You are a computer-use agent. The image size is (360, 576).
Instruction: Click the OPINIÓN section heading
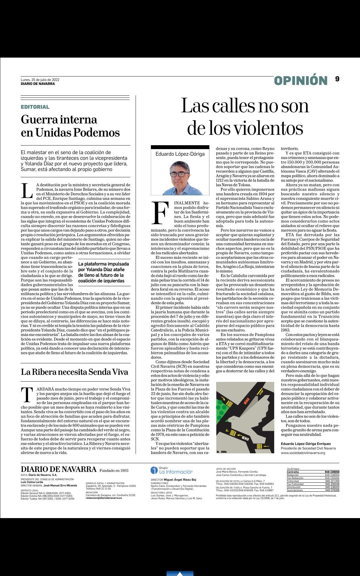(x=301, y=80)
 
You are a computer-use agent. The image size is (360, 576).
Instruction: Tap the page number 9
(x=337, y=79)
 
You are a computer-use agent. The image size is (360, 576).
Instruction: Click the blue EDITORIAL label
(x=35, y=107)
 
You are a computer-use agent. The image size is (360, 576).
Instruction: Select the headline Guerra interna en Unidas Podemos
(x=70, y=126)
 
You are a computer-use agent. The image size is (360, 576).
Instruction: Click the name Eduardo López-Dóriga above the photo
(x=180, y=154)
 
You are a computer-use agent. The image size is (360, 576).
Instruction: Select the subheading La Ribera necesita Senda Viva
(x=74, y=372)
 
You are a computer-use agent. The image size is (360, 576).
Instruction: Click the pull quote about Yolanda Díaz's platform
(x=104, y=272)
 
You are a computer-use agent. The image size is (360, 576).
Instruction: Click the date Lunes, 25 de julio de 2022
(x=40, y=80)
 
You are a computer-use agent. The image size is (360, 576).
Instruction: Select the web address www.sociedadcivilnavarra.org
(x=303, y=452)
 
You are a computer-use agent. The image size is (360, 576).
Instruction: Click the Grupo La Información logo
(x=172, y=470)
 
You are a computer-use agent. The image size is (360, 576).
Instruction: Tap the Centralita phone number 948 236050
(x=332, y=472)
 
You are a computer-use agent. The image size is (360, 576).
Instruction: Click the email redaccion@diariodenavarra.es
(x=104, y=498)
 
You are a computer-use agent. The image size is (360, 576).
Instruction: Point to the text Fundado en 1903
(x=114, y=470)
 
